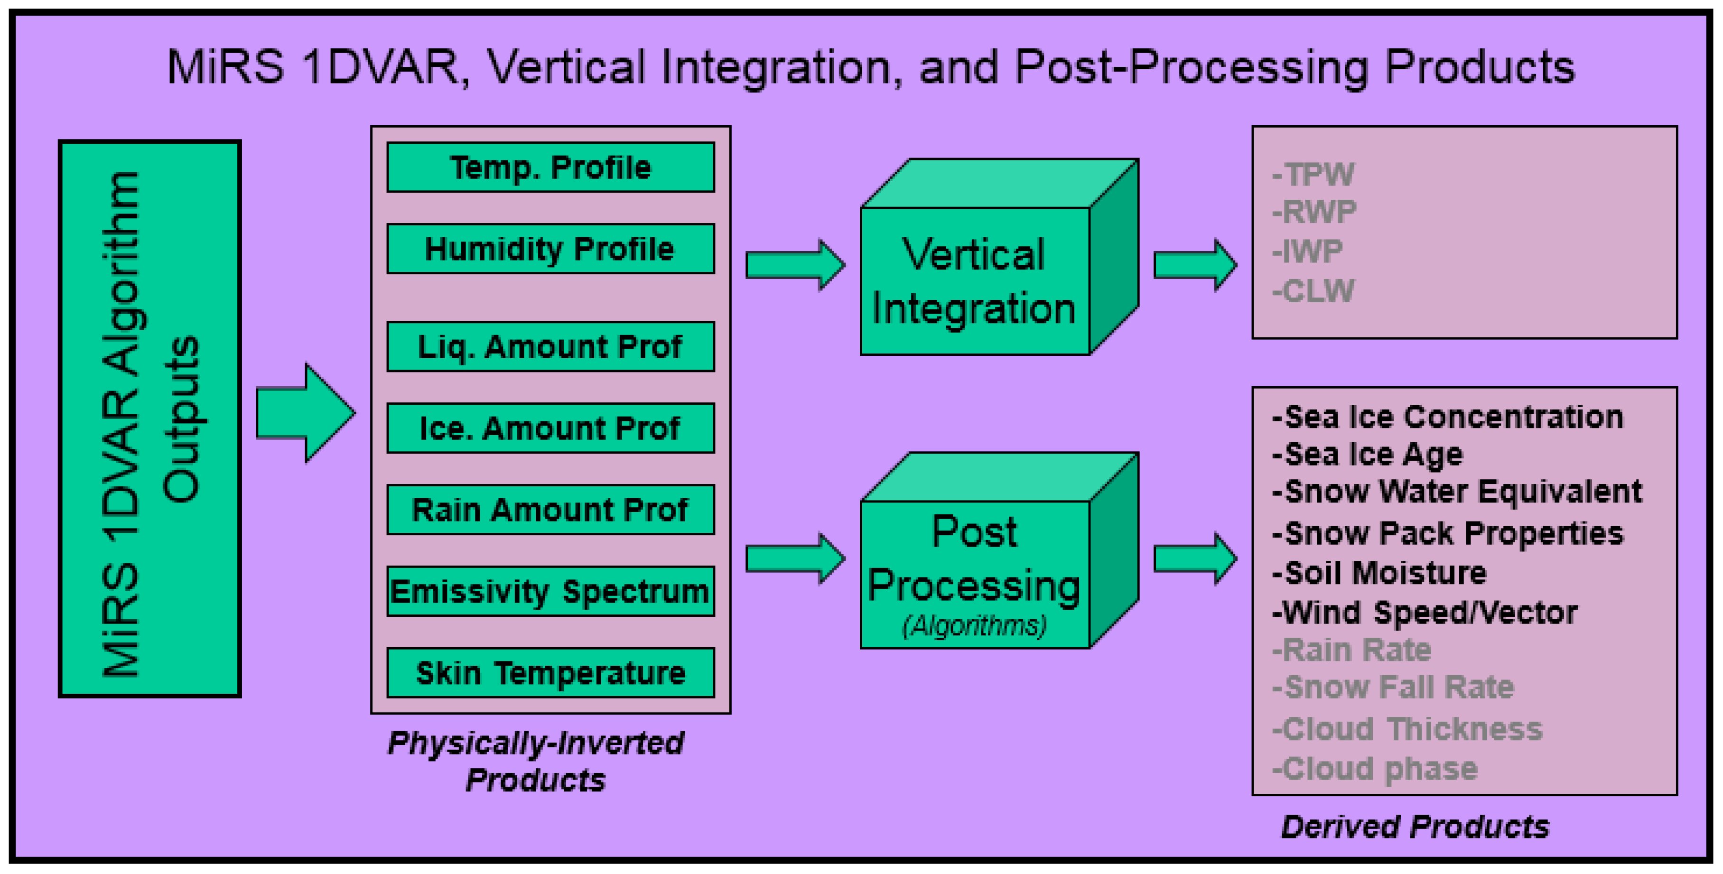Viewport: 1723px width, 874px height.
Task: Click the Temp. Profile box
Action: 550,167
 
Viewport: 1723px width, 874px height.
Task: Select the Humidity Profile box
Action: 550,249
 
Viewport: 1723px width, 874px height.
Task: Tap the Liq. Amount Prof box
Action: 550,346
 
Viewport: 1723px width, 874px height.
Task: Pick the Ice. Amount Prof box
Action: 550,428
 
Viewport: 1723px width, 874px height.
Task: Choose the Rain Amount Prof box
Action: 550,510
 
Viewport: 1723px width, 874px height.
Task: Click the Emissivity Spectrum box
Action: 550,591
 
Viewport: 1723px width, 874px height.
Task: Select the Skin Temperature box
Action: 550,673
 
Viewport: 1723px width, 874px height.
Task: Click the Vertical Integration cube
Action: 975,281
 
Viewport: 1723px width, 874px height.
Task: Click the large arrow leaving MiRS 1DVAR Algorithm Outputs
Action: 304,413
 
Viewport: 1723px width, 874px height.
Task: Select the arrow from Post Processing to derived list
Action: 1194,558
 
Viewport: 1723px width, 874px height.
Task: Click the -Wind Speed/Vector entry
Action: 1425,613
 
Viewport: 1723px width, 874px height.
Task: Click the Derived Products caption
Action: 1414,827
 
